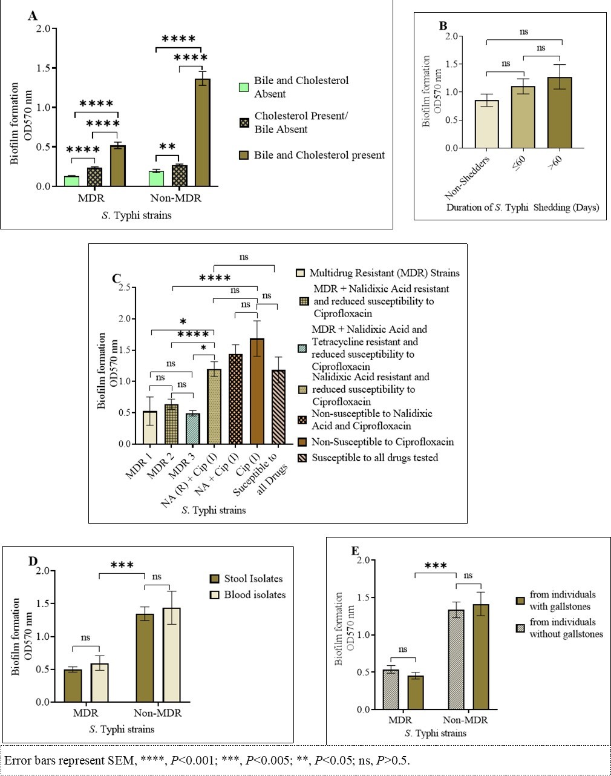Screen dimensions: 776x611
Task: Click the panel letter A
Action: click(x=34, y=16)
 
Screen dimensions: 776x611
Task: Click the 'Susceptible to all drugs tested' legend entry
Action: click(x=374, y=458)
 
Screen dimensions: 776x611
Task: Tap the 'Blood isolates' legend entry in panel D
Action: click(x=254, y=594)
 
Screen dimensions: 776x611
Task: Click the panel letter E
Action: click(x=356, y=551)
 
